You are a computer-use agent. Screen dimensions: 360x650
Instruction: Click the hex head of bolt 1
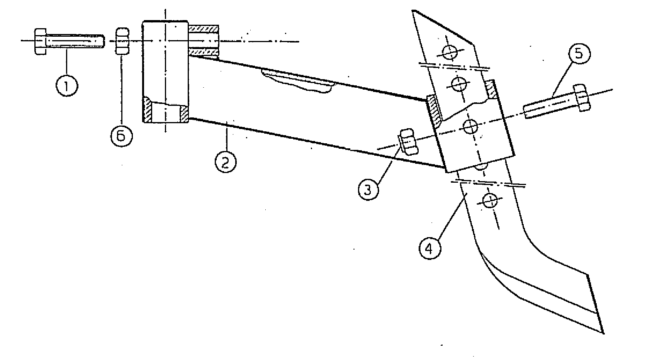coord(41,41)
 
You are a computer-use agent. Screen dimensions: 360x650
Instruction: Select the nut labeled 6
coord(122,41)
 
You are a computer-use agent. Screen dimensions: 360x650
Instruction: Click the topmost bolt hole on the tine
coord(450,52)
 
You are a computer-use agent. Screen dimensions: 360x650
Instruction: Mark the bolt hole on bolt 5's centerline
coord(470,126)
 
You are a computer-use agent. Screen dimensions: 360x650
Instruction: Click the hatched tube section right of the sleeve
coord(204,40)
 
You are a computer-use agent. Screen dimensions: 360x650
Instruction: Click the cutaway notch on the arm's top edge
coord(297,81)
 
